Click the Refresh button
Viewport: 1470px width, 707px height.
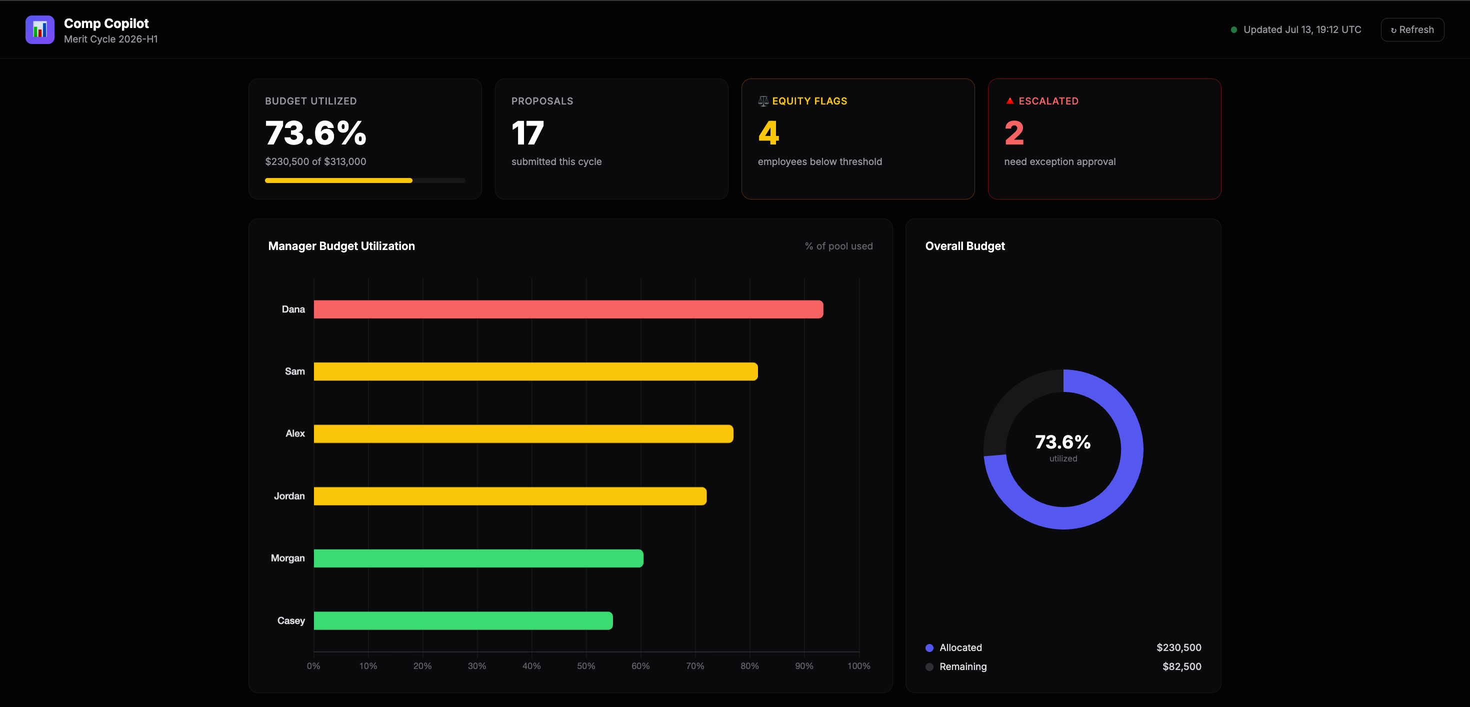[x=1412, y=29]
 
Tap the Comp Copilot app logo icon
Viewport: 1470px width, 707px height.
[x=40, y=29]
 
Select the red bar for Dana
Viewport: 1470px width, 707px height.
[x=568, y=309]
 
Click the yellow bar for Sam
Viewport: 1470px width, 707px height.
[x=536, y=371]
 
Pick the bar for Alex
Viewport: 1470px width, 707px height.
[x=523, y=433]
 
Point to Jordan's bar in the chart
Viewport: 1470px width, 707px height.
[x=510, y=496]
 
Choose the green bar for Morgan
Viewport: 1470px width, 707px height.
[x=478, y=558]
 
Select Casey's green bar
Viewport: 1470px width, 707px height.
[x=463, y=620]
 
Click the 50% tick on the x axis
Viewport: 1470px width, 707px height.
[x=586, y=666]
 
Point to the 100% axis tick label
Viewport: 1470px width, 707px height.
[x=859, y=666]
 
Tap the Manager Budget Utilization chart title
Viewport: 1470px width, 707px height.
[x=341, y=246]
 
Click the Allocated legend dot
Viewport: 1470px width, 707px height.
[x=929, y=647]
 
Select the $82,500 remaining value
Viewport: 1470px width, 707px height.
[x=1182, y=666]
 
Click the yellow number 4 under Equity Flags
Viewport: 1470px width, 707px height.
[x=768, y=133]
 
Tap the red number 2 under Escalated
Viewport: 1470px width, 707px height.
[x=1014, y=133]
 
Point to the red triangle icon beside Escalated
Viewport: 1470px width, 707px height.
[x=1009, y=101]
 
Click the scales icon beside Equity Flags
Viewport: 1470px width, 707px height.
[x=763, y=101]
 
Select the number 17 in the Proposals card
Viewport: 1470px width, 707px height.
[x=528, y=133]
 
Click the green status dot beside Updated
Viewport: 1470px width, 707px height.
[x=1234, y=29]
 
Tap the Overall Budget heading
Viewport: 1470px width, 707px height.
[x=965, y=246]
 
